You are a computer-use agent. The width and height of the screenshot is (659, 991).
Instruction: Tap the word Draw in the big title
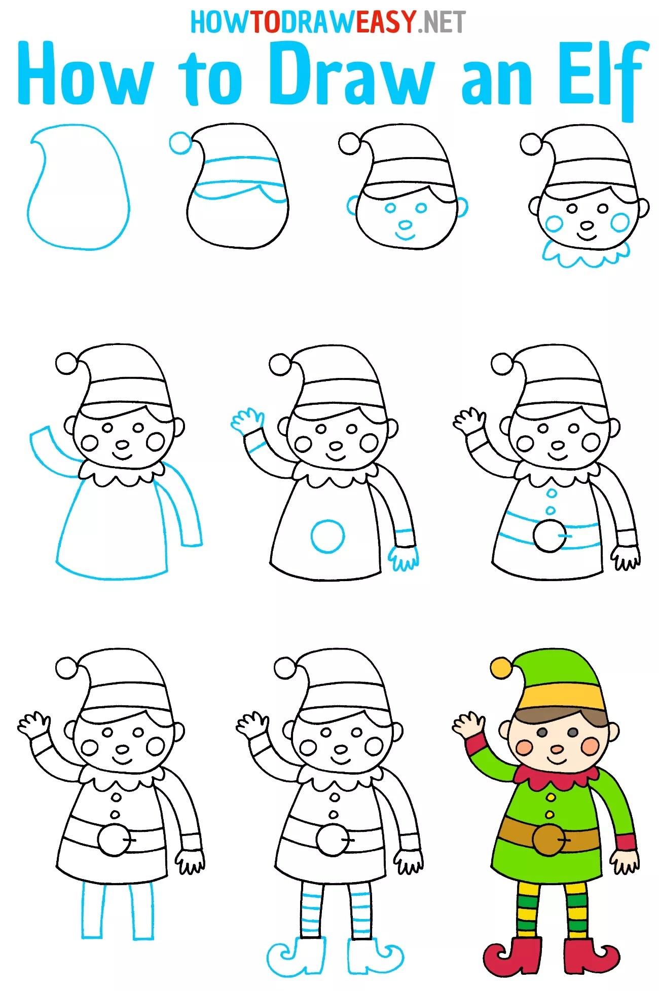[x=351, y=74]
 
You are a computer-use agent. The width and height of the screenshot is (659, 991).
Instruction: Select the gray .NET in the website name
[x=441, y=22]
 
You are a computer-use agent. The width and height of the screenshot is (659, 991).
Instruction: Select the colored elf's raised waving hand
[x=467, y=725]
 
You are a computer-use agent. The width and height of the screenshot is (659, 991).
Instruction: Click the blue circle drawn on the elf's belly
[x=327, y=536]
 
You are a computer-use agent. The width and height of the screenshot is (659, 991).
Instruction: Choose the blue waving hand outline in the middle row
[x=247, y=421]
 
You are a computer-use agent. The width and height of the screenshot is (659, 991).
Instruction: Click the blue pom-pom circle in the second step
[x=180, y=142]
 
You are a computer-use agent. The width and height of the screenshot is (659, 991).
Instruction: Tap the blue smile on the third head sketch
[x=405, y=236]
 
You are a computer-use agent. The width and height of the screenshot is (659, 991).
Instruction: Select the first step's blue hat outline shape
[x=78, y=187]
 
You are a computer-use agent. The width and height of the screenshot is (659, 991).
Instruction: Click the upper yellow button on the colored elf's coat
[x=551, y=797]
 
